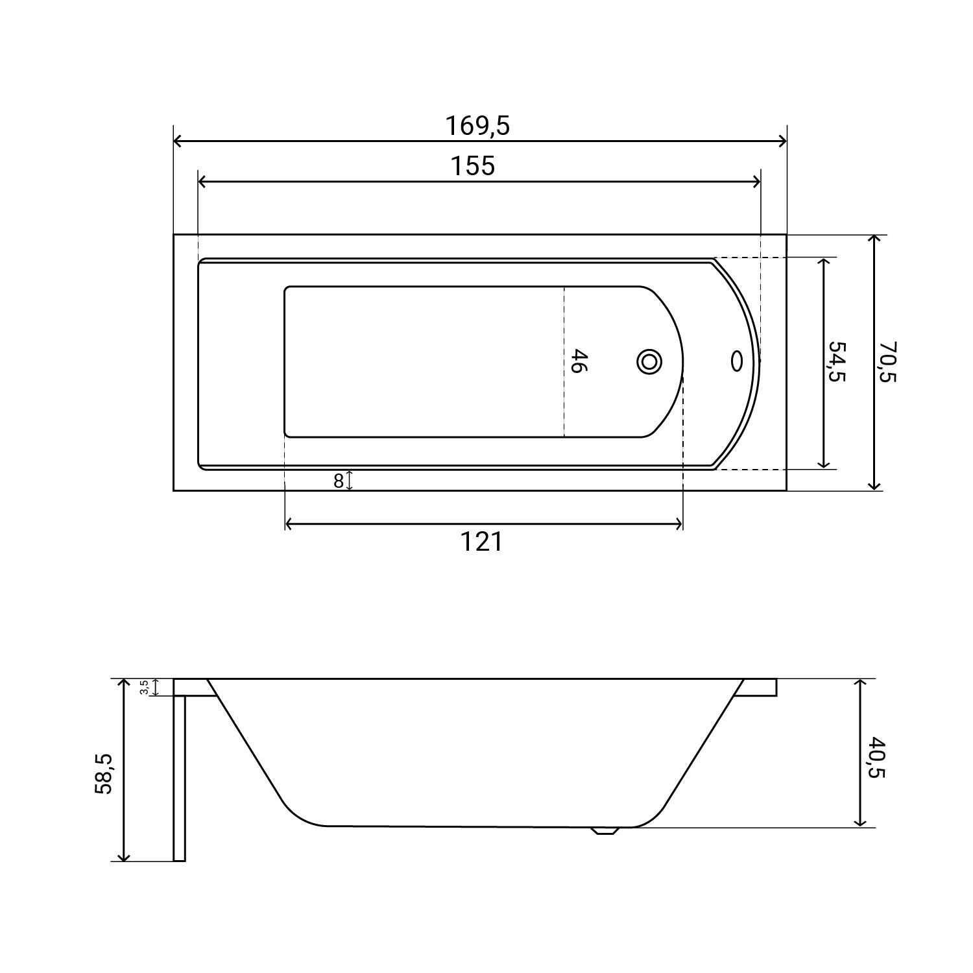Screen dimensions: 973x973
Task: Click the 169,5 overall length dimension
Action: (x=477, y=126)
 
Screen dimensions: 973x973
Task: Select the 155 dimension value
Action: (x=473, y=166)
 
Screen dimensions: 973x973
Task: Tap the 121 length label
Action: (x=481, y=541)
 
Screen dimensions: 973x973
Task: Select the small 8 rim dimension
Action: (x=338, y=481)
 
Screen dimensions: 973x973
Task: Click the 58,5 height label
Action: (x=104, y=773)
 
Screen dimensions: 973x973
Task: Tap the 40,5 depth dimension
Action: (x=876, y=756)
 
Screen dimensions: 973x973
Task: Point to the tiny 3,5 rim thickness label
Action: (x=145, y=687)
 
